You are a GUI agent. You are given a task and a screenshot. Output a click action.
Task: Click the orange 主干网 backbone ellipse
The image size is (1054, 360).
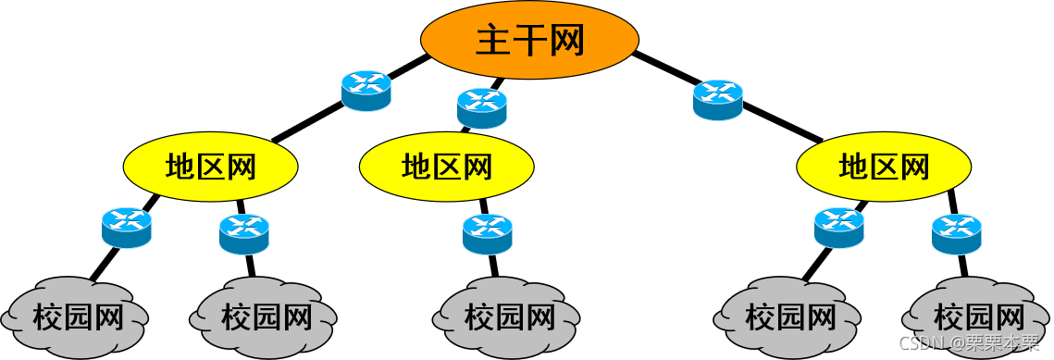point(529,40)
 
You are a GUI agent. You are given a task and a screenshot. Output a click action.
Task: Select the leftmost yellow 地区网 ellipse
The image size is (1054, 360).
point(211,167)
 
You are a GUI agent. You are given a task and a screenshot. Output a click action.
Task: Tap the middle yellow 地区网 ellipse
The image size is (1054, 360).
point(447,167)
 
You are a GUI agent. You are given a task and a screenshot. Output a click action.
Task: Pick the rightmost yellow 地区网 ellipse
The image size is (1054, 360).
point(884,167)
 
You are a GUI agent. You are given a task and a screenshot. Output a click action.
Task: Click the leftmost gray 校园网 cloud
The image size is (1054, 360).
point(77,317)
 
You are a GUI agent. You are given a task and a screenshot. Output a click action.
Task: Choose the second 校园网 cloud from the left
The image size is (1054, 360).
point(265,317)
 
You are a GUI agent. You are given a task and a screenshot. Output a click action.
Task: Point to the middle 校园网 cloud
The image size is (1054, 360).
point(509,317)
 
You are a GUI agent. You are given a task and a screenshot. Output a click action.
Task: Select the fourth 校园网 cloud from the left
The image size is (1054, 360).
point(790,317)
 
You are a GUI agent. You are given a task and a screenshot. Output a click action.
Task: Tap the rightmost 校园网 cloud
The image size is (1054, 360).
point(979,317)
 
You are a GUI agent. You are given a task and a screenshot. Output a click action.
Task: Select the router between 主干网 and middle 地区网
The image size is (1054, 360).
point(482,107)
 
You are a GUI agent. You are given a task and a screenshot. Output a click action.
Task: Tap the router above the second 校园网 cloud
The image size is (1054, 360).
point(244,233)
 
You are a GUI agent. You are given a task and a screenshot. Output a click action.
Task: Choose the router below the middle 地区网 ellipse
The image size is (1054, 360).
point(488,233)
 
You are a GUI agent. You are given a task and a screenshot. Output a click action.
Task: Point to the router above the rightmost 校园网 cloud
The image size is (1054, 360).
point(956,233)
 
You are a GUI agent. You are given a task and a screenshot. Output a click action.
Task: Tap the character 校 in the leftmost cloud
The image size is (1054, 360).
point(48,317)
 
